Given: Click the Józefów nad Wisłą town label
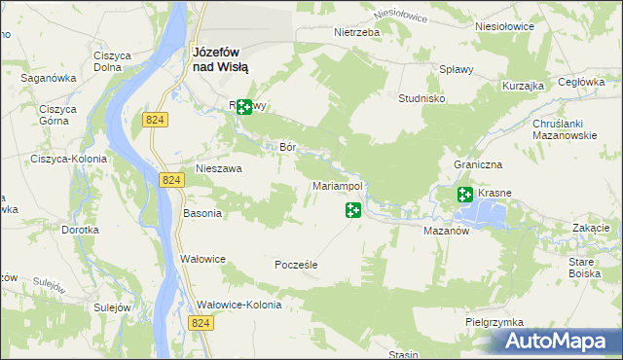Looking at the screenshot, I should [220, 59].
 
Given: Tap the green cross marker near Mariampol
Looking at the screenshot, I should [353, 209].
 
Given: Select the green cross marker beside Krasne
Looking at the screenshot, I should [465, 195].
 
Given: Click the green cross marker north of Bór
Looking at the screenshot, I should [243, 107].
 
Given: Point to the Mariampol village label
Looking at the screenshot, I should [337, 185].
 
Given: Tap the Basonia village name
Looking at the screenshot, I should [202, 213].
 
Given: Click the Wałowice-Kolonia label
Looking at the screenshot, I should [238, 305].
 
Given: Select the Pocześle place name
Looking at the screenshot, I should [297, 265].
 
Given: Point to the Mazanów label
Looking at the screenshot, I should [448, 233].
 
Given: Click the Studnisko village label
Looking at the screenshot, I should [422, 98].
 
